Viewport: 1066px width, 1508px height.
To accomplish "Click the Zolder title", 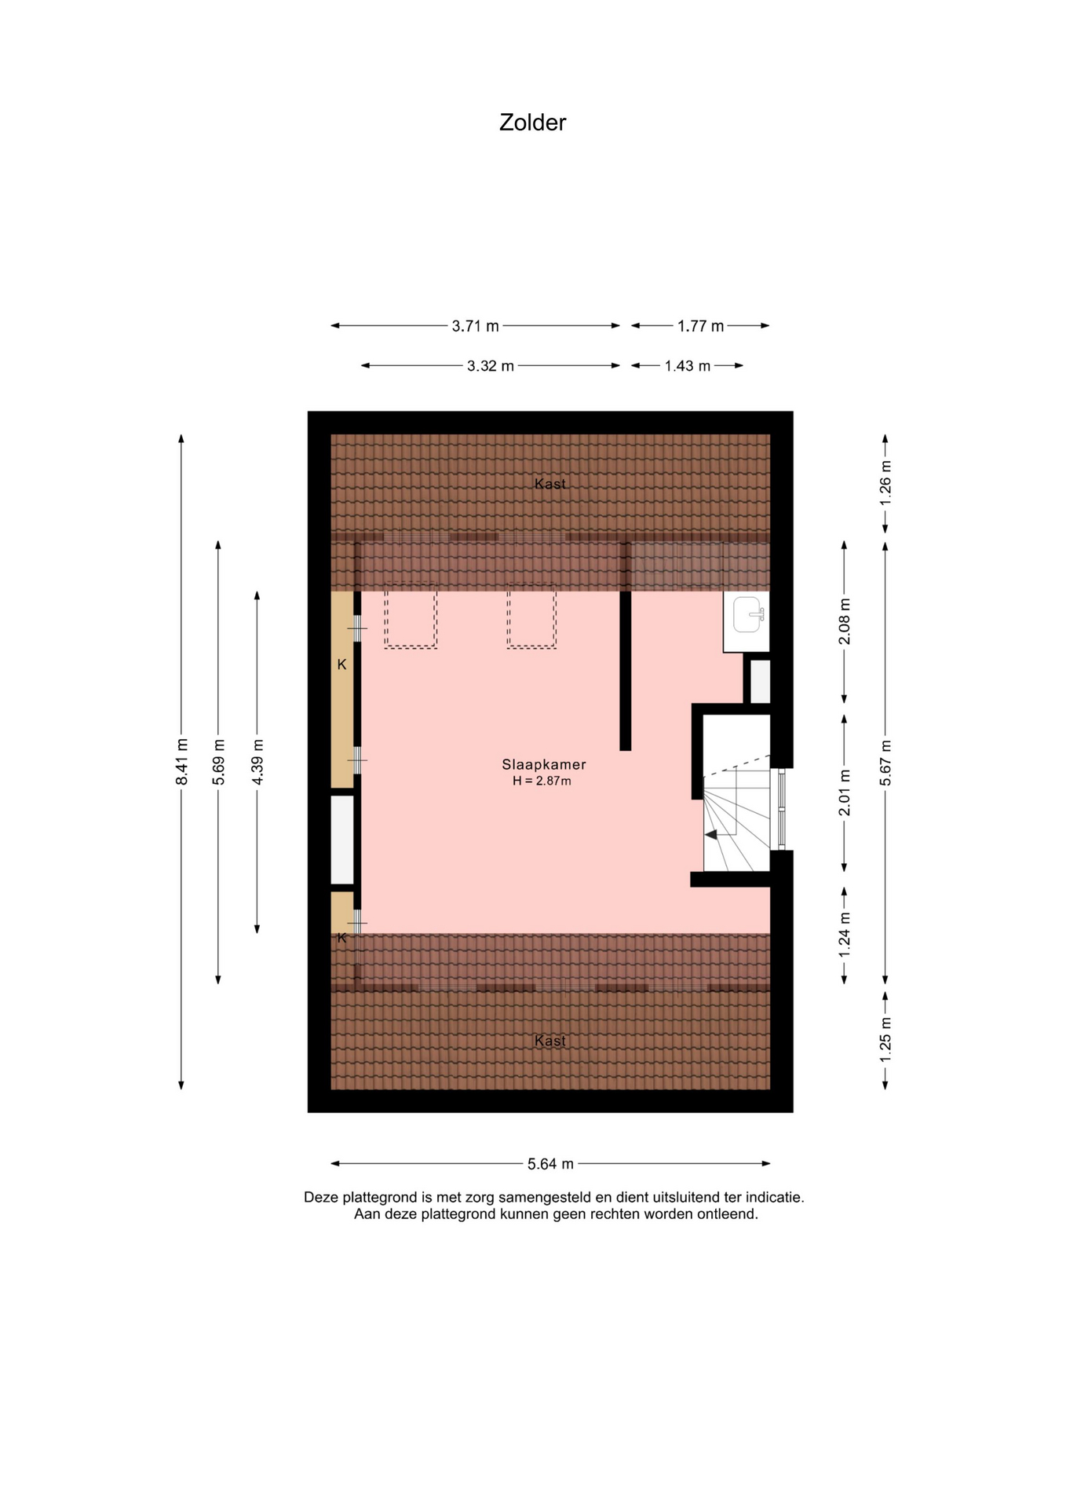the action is coord(532,123).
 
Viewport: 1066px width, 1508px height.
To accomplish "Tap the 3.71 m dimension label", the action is coord(476,326).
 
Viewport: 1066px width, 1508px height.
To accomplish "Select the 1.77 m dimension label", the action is coord(701,326).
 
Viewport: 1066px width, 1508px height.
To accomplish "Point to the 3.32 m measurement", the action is coord(491,366).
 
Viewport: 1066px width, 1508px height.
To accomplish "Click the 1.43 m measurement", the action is coord(688,366).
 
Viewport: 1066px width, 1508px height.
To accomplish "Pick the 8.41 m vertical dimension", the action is coord(181,761).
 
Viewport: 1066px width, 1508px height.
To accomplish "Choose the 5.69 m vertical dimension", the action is coord(219,761).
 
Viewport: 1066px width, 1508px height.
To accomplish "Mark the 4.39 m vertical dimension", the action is coord(257,761).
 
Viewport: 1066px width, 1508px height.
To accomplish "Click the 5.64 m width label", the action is coord(550,1164).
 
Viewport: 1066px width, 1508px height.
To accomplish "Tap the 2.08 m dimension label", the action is coord(845,621).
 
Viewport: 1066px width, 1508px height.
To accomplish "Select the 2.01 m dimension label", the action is coord(845,792).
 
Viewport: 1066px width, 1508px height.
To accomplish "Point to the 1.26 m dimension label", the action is coord(885,482).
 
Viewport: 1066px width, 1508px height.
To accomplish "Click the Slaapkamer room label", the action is coord(544,764).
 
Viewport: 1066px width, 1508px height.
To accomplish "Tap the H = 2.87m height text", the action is coord(542,781).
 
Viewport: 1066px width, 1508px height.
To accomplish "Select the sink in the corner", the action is coord(748,614).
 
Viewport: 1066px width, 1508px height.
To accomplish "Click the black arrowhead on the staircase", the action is coord(711,835).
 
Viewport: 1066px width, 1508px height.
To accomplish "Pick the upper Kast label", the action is coord(549,484).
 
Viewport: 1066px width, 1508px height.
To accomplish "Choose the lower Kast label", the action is coord(549,1041).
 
